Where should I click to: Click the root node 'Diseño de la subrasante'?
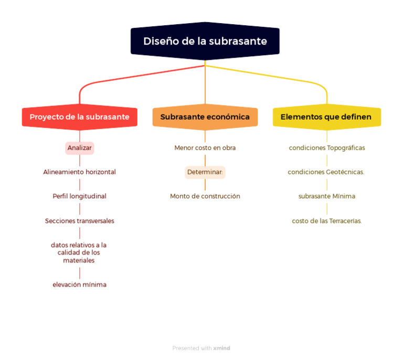pos(205,41)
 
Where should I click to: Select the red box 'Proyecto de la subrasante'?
pos(79,117)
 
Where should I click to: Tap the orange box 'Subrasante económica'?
pos(205,117)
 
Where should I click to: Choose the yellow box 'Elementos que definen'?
pos(326,117)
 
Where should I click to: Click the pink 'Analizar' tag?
pos(79,148)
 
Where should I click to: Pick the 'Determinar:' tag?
pos(205,172)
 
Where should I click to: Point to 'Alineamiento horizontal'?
pos(79,172)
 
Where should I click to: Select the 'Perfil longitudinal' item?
pos(79,196)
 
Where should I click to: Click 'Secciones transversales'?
pos(79,221)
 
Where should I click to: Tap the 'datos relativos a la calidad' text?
pos(79,252)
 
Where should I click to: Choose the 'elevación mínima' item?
pos(79,284)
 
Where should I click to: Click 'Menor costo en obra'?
pos(205,148)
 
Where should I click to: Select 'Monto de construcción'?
pos(205,196)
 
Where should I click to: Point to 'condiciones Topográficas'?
pos(326,148)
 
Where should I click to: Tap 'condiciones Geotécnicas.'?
pos(326,172)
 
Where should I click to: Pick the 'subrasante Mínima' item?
pos(326,196)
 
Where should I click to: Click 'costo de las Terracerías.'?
pos(326,221)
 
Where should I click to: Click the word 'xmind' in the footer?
pos(221,348)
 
